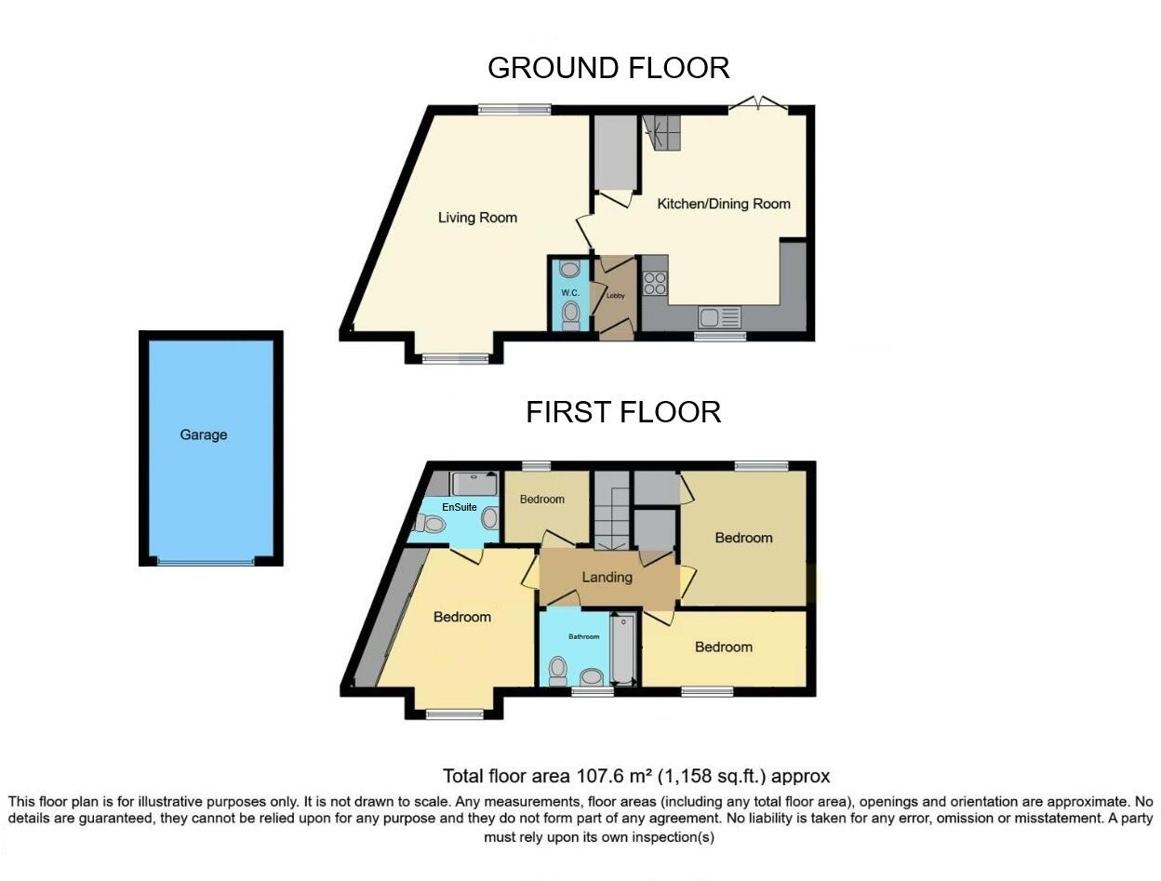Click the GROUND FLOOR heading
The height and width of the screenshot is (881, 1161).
(x=608, y=68)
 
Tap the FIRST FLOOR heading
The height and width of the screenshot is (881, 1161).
(x=623, y=412)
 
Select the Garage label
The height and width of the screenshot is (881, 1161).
(x=204, y=434)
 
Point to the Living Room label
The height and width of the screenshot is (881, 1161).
(x=477, y=218)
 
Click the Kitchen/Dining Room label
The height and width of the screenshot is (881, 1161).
(x=724, y=204)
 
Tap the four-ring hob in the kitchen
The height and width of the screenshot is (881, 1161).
(x=654, y=282)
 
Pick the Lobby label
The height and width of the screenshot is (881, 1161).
(x=615, y=296)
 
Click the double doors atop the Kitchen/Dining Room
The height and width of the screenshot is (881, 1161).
(x=758, y=106)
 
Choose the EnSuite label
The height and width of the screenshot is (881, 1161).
(x=460, y=507)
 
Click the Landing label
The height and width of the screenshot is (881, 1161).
(x=607, y=577)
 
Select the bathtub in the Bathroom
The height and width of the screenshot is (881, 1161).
(x=622, y=648)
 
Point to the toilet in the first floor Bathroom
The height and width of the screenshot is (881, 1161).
(x=558, y=668)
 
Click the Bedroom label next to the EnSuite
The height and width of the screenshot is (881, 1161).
(x=541, y=500)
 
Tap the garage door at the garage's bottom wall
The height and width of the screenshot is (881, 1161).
(x=204, y=561)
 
